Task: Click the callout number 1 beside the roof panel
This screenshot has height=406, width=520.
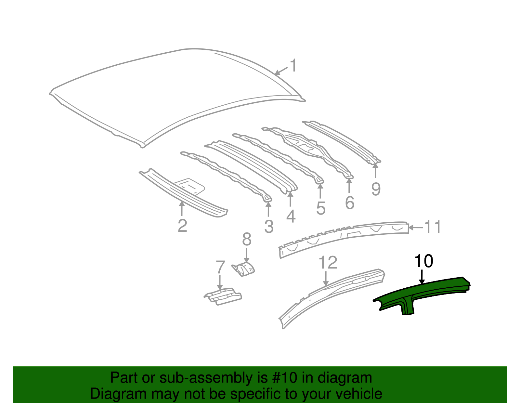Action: (x=293, y=66)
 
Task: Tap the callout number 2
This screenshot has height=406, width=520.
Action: (x=182, y=226)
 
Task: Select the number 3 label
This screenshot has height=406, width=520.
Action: (x=269, y=227)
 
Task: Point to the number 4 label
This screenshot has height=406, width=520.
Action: (x=291, y=216)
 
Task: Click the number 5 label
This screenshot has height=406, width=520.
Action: (x=320, y=208)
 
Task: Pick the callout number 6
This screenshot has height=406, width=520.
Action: (x=349, y=203)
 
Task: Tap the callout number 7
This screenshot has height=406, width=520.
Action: (x=220, y=267)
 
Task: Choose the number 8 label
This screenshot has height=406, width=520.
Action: (x=247, y=240)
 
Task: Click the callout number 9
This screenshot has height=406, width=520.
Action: (x=376, y=189)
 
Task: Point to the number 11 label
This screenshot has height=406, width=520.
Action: (x=433, y=227)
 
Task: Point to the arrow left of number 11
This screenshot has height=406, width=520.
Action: (x=415, y=228)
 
